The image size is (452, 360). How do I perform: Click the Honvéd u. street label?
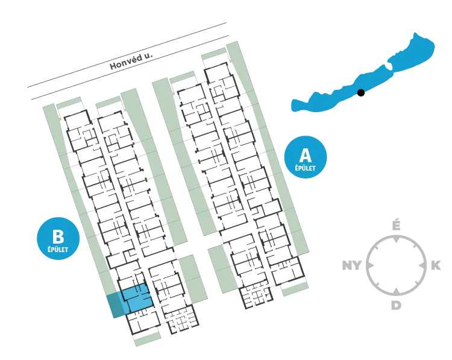(x=131, y=62)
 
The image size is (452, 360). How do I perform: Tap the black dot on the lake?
(x=360, y=93)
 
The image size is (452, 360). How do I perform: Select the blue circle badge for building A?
(x=306, y=157)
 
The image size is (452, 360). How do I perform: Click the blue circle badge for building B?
(x=58, y=239)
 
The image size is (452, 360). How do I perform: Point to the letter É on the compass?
(x=397, y=226)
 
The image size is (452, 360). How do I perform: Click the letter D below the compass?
(x=397, y=305)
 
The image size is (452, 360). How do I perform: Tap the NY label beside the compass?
(x=351, y=265)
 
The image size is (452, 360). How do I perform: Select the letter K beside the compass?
(x=436, y=265)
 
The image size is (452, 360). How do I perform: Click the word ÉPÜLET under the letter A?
(x=306, y=168)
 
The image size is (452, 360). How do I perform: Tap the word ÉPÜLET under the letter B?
(x=58, y=249)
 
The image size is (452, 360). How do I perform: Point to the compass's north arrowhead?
(x=397, y=239)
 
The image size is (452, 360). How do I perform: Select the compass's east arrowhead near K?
(x=422, y=265)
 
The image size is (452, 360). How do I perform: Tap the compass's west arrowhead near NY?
(x=371, y=265)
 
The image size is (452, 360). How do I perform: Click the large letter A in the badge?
(x=306, y=155)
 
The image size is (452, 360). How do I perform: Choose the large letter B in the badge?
(x=58, y=236)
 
